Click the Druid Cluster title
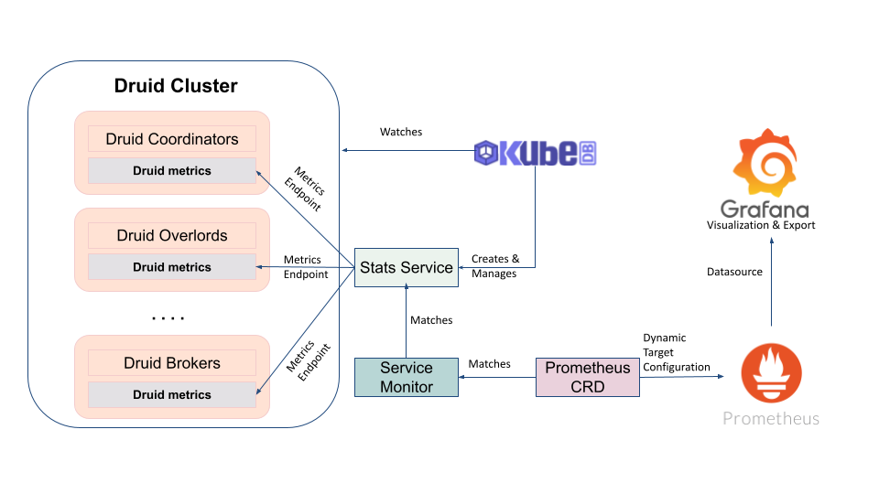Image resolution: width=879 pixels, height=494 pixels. [x=176, y=86]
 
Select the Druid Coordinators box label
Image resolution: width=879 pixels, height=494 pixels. [x=172, y=139]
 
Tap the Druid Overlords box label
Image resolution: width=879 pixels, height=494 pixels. [x=172, y=235]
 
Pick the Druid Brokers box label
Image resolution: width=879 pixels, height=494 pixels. [x=172, y=363]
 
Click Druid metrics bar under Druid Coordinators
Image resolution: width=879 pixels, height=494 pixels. [x=172, y=171]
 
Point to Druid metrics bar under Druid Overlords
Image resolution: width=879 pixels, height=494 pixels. [x=172, y=267]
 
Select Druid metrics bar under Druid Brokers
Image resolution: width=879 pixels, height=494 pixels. [x=172, y=395]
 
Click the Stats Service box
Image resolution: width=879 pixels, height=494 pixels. [x=406, y=267]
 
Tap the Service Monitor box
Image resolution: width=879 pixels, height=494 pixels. [x=406, y=377]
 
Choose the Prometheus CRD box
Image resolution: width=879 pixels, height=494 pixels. [x=587, y=377]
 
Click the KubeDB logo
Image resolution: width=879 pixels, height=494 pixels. [x=535, y=153]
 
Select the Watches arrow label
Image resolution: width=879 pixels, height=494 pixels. [x=401, y=132]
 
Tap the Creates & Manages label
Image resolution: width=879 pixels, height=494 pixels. [x=495, y=266]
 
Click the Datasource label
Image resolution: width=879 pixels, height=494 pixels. [x=734, y=272]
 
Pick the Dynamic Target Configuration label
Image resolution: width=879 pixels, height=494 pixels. [x=676, y=352]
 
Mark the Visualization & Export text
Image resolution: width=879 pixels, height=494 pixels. [x=760, y=225]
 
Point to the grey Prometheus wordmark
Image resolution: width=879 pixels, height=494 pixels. [x=771, y=418]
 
